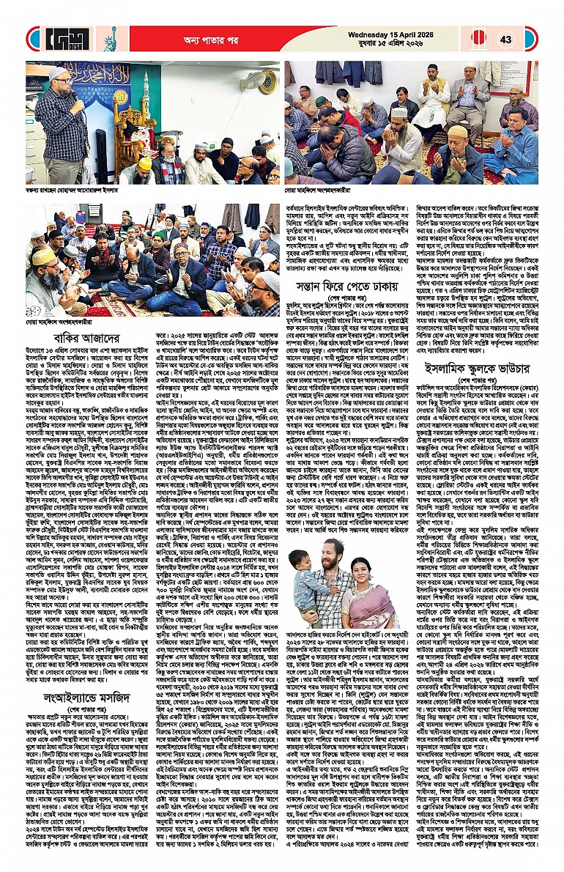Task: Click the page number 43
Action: [x=505, y=39]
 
